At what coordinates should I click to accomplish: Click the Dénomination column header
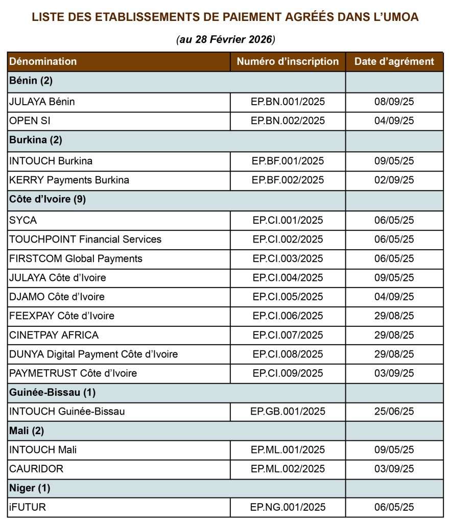coord(43,62)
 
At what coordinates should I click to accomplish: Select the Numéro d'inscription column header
coord(288,62)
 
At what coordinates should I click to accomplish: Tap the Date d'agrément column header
coord(394,62)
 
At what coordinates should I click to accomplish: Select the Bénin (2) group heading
coord(31,81)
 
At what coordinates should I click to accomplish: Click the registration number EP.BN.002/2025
coord(288,121)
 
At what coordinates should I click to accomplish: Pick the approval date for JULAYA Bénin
coord(394,102)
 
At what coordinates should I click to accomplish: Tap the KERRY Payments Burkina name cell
coord(69,180)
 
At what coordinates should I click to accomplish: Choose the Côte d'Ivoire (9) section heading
coord(48,200)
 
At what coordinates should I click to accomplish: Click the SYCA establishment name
coord(23,220)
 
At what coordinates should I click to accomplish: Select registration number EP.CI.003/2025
coord(288,258)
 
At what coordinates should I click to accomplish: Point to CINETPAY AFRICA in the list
coord(54,335)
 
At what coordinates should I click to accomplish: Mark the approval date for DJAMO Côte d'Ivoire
coord(394,297)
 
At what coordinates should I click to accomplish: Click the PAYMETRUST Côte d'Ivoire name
coord(73,373)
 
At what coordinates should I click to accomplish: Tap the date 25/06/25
coord(394,411)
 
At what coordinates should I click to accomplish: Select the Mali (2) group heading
coord(27,431)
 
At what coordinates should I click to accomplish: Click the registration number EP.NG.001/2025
coord(288,507)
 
